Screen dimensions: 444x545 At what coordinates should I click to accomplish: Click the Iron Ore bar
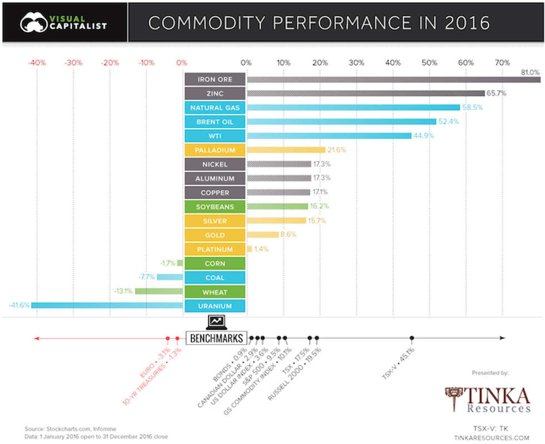click(x=393, y=79)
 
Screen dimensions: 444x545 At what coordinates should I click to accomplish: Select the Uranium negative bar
click(x=107, y=306)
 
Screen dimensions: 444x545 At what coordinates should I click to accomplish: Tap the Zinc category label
click(x=215, y=93)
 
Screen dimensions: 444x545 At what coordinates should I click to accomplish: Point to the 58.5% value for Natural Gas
click(x=473, y=107)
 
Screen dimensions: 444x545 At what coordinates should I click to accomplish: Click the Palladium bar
click(x=285, y=150)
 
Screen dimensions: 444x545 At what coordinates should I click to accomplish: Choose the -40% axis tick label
click(x=37, y=63)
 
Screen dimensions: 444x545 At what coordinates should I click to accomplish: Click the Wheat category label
click(x=215, y=292)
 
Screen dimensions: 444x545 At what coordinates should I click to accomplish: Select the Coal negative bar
click(x=170, y=277)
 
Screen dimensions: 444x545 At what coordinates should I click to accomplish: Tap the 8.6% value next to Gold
click(x=289, y=235)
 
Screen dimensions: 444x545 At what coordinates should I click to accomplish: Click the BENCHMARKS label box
click(x=216, y=338)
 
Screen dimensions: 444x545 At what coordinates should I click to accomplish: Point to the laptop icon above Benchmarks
click(x=216, y=322)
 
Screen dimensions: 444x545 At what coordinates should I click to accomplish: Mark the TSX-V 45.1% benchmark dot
click(x=412, y=338)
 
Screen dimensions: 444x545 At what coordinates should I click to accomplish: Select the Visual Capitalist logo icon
click(x=33, y=22)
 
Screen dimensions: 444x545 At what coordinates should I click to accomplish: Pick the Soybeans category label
click(x=215, y=207)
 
